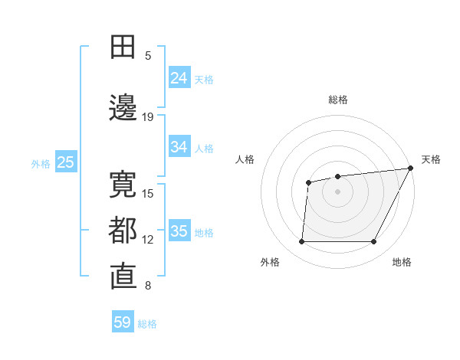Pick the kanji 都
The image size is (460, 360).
coord(123,231)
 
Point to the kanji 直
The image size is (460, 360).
coord(123,277)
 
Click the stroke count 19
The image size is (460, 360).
coord(148,116)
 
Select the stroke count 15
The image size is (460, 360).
coord(148,193)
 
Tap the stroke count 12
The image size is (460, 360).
coord(148,240)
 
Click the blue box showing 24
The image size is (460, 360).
coord(179,78)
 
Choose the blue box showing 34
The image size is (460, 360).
coord(179,147)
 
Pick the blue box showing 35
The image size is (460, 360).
coord(179,231)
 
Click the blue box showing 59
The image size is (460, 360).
coord(123,322)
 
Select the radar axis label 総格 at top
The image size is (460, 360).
coord(337,100)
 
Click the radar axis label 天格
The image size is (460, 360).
coord(431,159)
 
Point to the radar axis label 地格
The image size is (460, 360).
coord(402,262)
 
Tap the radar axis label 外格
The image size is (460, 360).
coord(270,262)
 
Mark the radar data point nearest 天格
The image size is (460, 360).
coord(410,169)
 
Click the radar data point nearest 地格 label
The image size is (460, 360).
coord(374,242)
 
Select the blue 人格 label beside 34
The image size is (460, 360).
coord(204,148)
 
